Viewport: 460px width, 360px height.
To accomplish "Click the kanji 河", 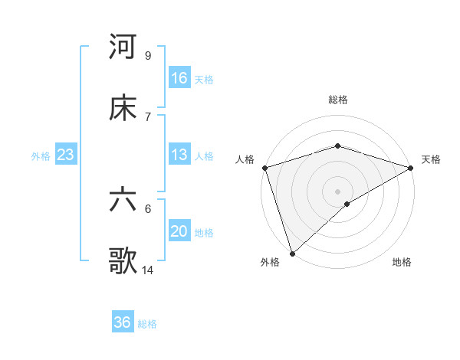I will [x=123, y=47].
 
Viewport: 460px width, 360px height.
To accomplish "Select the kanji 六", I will [x=123, y=200].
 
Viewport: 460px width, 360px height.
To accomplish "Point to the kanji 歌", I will [x=123, y=261].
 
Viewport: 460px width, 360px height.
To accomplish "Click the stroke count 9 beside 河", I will [x=147, y=55].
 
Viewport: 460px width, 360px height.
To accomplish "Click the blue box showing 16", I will [x=179, y=78].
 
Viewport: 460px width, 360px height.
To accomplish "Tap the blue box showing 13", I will [x=179, y=155].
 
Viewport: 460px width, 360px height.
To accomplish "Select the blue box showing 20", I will [x=179, y=231].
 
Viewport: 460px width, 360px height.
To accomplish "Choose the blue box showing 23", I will [x=66, y=155].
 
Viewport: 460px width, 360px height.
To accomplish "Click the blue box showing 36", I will [x=123, y=322].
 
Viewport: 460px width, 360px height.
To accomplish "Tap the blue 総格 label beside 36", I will [x=147, y=324].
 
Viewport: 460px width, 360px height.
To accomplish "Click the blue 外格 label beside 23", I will [x=41, y=156].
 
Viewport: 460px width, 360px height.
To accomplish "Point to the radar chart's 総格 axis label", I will [x=338, y=100].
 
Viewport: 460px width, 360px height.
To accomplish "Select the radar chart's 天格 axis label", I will [x=431, y=159].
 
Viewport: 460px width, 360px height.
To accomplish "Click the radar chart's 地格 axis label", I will [x=402, y=263].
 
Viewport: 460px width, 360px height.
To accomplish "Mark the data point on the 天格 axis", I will [x=411, y=168].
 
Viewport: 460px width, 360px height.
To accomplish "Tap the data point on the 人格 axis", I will [x=264, y=168].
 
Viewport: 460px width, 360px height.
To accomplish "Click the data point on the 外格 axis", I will [x=292, y=253].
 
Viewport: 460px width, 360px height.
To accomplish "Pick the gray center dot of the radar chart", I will [x=337, y=191].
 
